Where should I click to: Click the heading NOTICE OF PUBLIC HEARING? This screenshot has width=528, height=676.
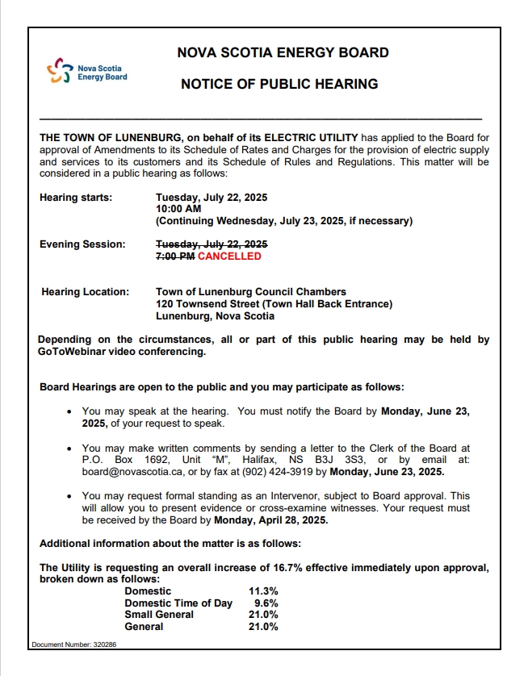279,84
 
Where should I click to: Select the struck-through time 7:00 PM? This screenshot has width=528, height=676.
175,257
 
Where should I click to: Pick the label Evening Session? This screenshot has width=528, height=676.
82,244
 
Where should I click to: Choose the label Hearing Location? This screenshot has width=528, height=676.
85,292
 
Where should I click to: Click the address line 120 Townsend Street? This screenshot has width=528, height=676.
274,304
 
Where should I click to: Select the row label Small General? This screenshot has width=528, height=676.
159,615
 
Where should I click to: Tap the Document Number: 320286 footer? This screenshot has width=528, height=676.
74,645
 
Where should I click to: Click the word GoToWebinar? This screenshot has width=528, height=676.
78,352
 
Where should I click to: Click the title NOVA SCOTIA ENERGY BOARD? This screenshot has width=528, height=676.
283,53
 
